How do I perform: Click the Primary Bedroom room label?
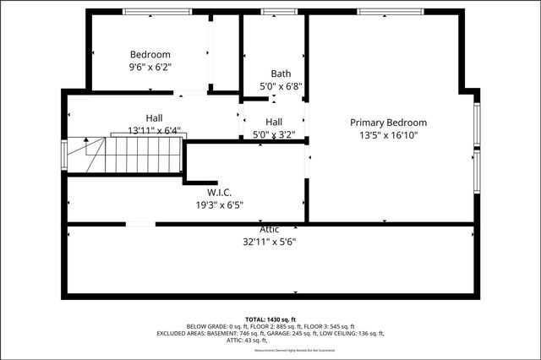(x=389, y=123)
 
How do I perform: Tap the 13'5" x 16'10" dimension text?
(x=389, y=135)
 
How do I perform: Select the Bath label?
(x=281, y=74)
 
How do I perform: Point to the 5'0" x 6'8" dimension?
(x=281, y=86)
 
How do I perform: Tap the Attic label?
(x=270, y=229)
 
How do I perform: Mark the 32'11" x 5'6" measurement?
(x=270, y=241)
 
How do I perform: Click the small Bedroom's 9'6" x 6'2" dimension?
(x=150, y=66)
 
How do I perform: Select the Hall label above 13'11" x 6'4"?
(x=153, y=118)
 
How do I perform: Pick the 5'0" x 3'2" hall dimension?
(x=274, y=134)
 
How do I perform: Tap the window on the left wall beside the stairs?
(x=64, y=155)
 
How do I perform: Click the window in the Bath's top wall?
(x=273, y=12)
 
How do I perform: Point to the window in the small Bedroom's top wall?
(x=150, y=12)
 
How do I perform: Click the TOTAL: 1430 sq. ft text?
(x=270, y=318)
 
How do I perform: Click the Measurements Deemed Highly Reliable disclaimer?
(x=270, y=350)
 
